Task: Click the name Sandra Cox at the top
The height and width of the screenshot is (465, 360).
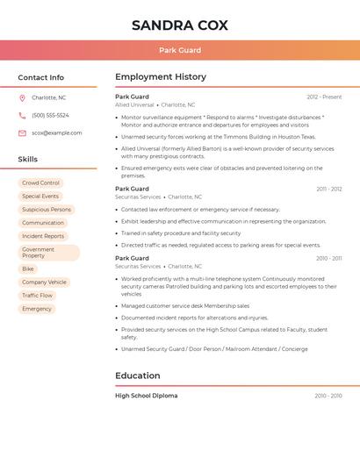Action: (179, 25)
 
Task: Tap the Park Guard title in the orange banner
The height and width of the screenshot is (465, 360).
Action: (179, 51)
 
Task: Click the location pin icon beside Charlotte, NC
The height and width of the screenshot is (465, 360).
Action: (22, 97)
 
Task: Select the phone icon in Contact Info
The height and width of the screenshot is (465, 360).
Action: (22, 115)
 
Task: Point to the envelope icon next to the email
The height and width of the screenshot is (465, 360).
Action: (22, 133)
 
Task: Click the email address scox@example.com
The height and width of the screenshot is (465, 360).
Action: (56, 133)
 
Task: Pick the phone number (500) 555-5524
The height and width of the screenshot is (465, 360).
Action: (50, 115)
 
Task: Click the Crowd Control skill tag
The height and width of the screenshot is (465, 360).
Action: (41, 183)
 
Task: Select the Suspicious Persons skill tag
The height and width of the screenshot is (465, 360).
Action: (47, 210)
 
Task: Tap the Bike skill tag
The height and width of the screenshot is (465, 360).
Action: (28, 268)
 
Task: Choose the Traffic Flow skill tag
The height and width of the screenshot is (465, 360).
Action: (37, 296)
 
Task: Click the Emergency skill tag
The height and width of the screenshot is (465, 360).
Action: (37, 309)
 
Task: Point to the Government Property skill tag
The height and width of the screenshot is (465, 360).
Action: (48, 253)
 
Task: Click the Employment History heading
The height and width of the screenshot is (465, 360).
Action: (161, 77)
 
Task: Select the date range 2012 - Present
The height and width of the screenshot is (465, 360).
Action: (324, 97)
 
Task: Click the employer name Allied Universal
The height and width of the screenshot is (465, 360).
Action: (134, 105)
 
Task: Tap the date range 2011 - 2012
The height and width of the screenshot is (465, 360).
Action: (329, 189)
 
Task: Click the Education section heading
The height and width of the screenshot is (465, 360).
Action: (137, 376)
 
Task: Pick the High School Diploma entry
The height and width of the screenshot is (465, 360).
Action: (146, 396)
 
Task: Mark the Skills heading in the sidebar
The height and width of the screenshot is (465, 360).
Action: (28, 160)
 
